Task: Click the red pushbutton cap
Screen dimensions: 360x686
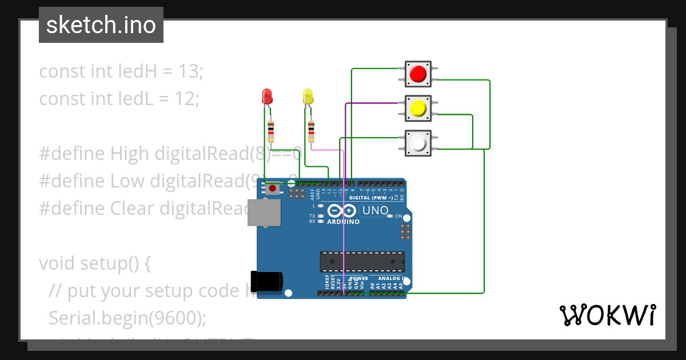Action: pyautogui.click(x=418, y=74)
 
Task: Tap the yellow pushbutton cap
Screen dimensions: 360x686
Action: pyautogui.click(x=418, y=108)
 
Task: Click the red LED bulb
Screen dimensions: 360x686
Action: pyautogui.click(x=267, y=96)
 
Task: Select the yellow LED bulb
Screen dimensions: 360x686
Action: pyautogui.click(x=308, y=96)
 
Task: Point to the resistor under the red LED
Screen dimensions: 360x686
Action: pyautogui.click(x=270, y=131)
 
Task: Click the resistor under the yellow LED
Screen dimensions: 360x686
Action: pyautogui.click(x=311, y=131)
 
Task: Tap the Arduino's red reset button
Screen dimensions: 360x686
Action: pyautogui.click(x=273, y=188)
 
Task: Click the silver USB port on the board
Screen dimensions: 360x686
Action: pyautogui.click(x=264, y=213)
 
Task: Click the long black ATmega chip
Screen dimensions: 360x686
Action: pyautogui.click(x=362, y=261)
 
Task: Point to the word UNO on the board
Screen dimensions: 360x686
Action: pyautogui.click(x=375, y=210)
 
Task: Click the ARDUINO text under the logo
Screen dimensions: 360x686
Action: pyautogui.click(x=343, y=222)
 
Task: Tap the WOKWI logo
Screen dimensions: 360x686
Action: pyautogui.click(x=607, y=315)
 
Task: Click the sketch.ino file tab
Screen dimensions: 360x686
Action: pyautogui.click(x=101, y=25)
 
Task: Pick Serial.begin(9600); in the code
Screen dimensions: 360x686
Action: pyautogui.click(x=127, y=318)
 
